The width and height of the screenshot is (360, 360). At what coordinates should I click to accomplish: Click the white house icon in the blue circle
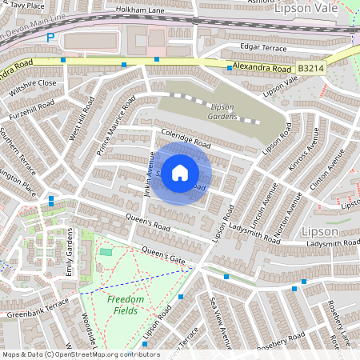tap(181, 171)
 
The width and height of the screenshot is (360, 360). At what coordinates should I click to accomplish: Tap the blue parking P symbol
tap(50, 37)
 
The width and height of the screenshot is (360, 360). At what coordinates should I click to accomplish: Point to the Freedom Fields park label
tap(126, 304)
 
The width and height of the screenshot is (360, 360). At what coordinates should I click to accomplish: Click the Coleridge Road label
tap(184, 138)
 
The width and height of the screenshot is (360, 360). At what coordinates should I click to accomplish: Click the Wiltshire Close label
tap(33, 83)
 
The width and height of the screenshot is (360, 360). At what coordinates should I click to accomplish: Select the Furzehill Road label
tap(32, 110)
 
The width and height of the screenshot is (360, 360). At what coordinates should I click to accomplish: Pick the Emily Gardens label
tap(70, 253)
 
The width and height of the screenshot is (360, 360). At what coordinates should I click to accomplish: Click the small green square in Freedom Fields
tap(106, 253)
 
